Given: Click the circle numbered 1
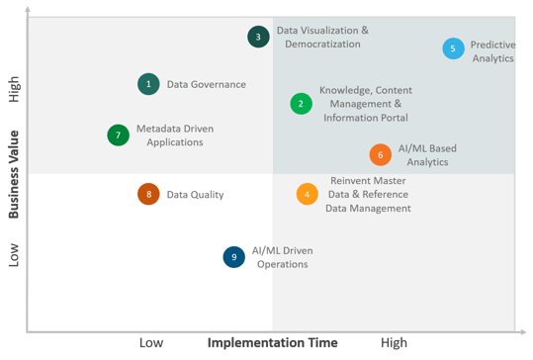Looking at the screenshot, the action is click(148, 84).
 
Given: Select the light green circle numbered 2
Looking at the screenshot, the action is click(302, 104).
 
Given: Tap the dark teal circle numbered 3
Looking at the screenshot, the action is click(258, 37).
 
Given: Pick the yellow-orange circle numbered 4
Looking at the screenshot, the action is click(308, 194).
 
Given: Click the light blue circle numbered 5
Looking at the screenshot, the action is click(454, 48).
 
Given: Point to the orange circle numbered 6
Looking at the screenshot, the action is click(381, 154).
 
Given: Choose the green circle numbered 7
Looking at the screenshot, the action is click(119, 135).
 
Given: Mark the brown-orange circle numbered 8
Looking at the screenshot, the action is click(148, 194).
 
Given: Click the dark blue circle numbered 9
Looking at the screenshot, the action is click(233, 257).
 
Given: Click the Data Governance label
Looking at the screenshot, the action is click(207, 84).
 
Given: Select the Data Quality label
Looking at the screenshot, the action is click(195, 195).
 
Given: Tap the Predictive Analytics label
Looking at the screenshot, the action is click(492, 51).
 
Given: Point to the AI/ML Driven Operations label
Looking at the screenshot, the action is click(283, 257).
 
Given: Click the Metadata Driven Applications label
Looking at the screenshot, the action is click(175, 135).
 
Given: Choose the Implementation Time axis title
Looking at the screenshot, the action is click(273, 342).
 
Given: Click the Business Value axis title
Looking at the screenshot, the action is click(14, 174).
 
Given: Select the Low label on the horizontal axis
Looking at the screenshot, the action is click(151, 342).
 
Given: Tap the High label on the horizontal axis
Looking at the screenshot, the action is click(394, 342).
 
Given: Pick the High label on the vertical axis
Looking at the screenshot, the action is click(14, 89).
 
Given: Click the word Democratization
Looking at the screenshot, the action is click(322, 45).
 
